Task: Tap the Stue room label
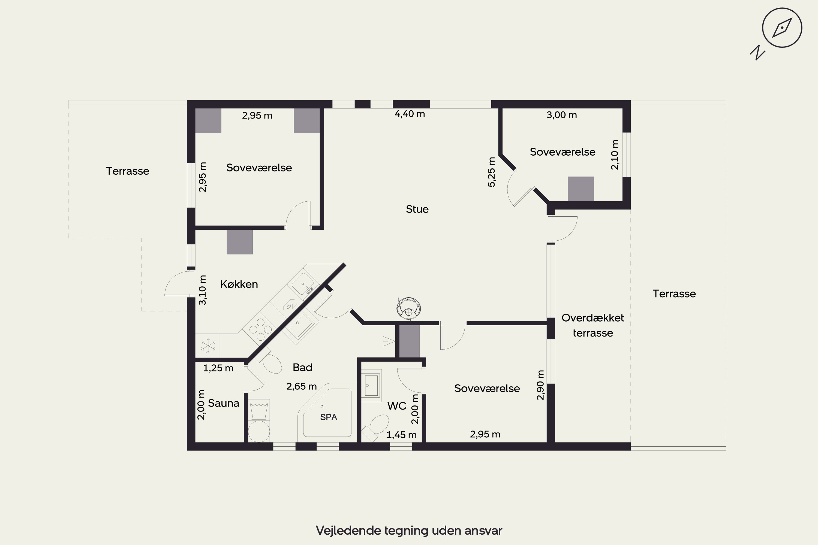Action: click(417, 209)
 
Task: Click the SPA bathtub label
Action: click(329, 417)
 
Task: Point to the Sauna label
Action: click(224, 403)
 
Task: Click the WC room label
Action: click(397, 406)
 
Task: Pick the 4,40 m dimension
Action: click(410, 114)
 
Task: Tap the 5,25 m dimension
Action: click(491, 172)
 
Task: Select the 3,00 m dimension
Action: click(562, 115)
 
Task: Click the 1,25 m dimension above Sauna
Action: click(218, 368)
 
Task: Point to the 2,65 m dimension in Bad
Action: click(302, 386)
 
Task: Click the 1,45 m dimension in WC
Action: click(401, 435)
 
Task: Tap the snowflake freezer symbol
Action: click(208, 346)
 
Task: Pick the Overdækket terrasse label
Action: click(593, 325)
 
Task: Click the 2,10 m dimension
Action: click(615, 155)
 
